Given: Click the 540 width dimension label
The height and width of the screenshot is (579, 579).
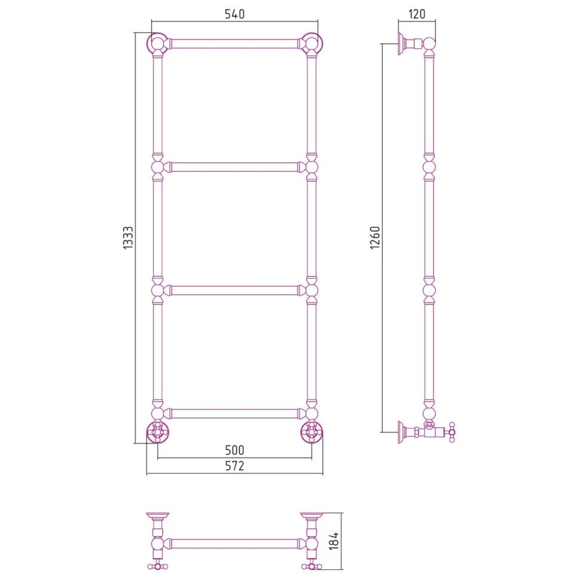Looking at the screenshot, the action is click(x=235, y=14).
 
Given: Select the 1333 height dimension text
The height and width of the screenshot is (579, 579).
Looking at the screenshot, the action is click(x=128, y=238).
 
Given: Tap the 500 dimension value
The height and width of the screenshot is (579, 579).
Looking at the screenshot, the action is click(x=235, y=449).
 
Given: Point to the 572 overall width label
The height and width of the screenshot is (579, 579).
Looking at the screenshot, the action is click(x=235, y=466).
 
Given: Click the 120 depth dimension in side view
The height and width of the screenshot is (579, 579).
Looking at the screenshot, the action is click(x=417, y=14).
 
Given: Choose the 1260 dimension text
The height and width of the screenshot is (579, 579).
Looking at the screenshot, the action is click(x=375, y=238).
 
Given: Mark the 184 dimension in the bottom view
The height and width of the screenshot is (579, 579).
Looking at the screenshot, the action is click(x=334, y=541).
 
